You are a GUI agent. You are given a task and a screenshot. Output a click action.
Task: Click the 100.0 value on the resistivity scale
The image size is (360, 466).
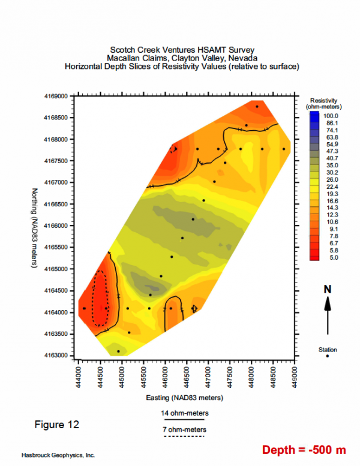332,115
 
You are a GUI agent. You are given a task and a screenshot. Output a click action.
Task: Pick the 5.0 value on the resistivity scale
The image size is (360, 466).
332,257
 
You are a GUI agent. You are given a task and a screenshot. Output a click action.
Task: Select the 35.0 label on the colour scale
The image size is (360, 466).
332,165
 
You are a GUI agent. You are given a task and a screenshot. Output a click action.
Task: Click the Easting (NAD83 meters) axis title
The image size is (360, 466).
185,398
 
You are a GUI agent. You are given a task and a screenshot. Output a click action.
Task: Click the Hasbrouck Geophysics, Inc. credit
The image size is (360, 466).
58,455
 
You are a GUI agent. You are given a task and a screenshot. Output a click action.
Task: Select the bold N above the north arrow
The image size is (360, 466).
328,289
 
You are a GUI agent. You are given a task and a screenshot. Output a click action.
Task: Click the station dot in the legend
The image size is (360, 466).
328,356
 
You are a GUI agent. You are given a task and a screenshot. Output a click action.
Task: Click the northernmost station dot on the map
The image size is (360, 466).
257,107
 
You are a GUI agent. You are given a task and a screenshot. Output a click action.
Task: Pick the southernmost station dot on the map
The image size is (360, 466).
118,351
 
